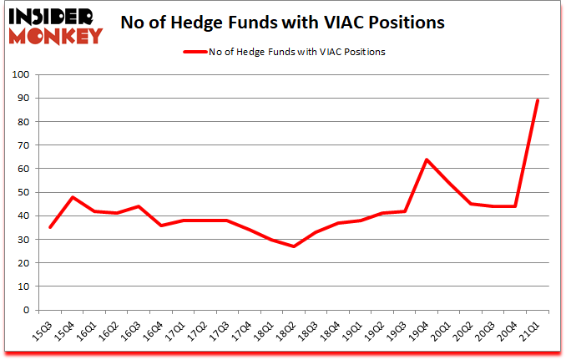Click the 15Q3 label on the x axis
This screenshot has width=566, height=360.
pyautogui.click(x=42, y=327)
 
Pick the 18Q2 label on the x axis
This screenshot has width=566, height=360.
pyautogui.click(x=284, y=327)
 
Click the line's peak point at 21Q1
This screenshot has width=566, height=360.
pyautogui.click(x=537, y=100)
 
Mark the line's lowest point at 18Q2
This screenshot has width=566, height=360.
pyautogui.click(x=294, y=246)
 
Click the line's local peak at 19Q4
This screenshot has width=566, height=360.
pyautogui.click(x=427, y=160)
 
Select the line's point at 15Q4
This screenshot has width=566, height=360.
pyautogui.click(x=73, y=197)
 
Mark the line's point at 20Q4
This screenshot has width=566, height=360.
pyautogui.click(x=515, y=206)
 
